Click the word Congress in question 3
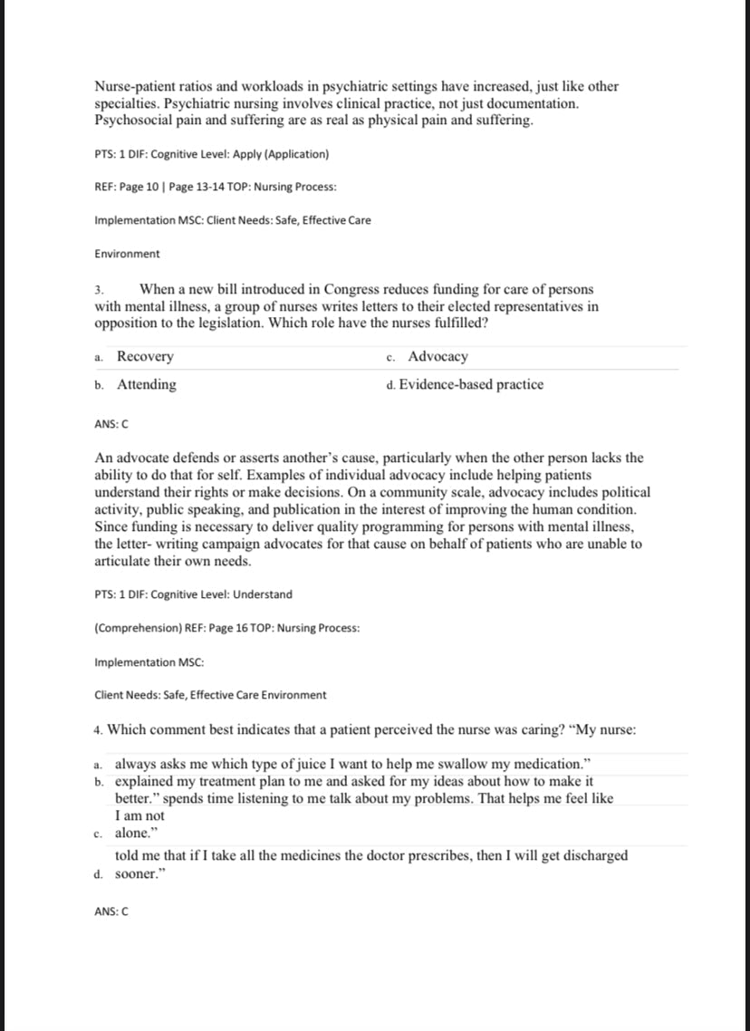point(335,289)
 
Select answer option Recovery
point(145,357)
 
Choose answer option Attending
point(147,384)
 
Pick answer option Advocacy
point(437,357)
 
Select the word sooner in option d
point(137,875)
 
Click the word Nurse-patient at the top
point(137,87)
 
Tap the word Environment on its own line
point(127,254)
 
